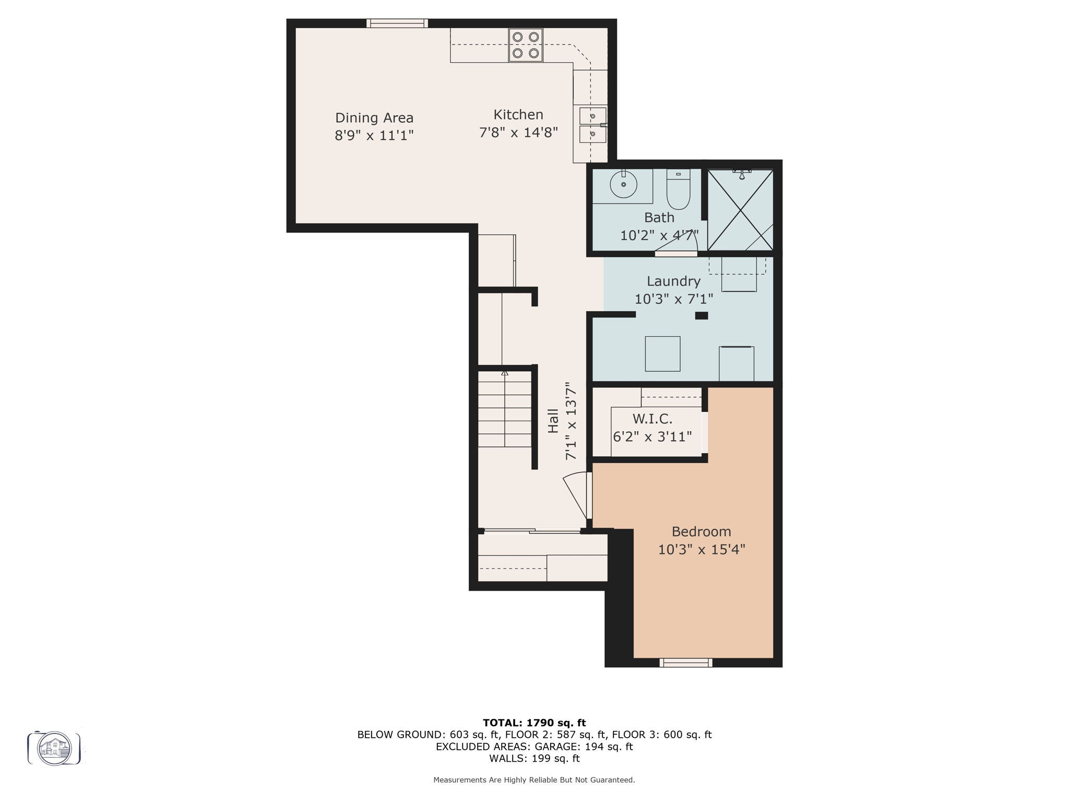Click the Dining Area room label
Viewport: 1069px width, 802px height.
pyautogui.click(x=374, y=118)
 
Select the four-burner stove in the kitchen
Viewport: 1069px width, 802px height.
pyautogui.click(x=526, y=45)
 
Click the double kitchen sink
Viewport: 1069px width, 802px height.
pyautogui.click(x=592, y=125)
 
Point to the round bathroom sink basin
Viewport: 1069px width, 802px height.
pyautogui.click(x=623, y=184)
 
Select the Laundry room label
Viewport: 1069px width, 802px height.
pyautogui.click(x=673, y=281)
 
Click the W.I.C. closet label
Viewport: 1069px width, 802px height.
pyautogui.click(x=652, y=419)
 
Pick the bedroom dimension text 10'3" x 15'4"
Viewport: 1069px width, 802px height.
pyautogui.click(x=701, y=550)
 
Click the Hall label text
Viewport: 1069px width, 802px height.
pyautogui.click(x=553, y=421)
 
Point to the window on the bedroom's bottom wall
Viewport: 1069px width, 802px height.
pyautogui.click(x=685, y=663)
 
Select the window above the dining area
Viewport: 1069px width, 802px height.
pyautogui.click(x=397, y=23)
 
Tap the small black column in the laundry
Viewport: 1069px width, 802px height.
pyautogui.click(x=701, y=315)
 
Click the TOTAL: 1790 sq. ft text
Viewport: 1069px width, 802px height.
pyautogui.click(x=534, y=723)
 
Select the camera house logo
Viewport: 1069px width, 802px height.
pyautogui.click(x=54, y=748)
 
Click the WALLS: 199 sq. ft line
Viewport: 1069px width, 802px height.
pyautogui.click(x=534, y=759)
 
